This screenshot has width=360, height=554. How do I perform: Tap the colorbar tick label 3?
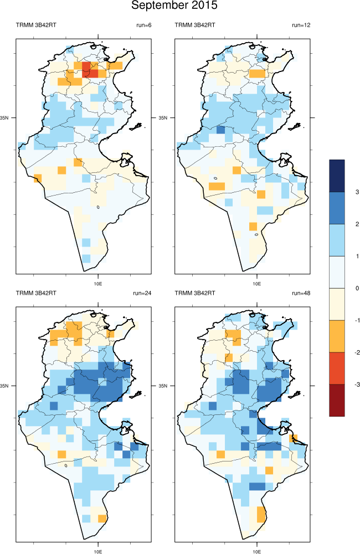(x=358, y=192)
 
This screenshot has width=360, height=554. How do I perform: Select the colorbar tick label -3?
(x=357, y=384)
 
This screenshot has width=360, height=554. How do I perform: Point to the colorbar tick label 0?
(x=358, y=288)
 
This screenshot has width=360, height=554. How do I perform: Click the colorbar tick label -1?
(x=357, y=320)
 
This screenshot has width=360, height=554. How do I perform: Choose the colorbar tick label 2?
(x=358, y=224)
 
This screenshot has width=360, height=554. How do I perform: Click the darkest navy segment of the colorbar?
(x=337, y=176)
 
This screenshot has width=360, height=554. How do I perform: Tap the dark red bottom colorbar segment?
(x=337, y=400)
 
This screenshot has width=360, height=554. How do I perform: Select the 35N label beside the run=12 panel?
(x=163, y=118)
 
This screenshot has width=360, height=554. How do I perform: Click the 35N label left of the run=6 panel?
(x=4, y=118)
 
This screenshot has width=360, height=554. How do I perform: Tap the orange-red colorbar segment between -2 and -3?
(x=337, y=368)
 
